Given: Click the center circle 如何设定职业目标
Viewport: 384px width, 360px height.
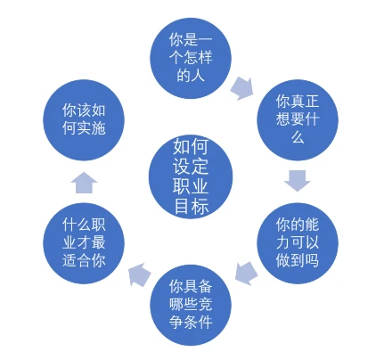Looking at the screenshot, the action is click(x=191, y=177).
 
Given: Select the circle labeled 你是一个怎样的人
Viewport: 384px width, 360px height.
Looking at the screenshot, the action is click(x=191, y=58).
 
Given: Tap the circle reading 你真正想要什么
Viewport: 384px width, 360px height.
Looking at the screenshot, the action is click(x=298, y=119).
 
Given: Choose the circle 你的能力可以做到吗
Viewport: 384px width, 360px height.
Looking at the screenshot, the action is click(x=298, y=243).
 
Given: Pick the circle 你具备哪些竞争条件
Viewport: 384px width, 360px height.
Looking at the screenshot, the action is click(x=191, y=305).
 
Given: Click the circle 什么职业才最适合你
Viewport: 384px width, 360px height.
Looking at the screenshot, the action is click(x=84, y=243).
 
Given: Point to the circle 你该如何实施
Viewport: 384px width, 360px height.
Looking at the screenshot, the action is click(x=84, y=119).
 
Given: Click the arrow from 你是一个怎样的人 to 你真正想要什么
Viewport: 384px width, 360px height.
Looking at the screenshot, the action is click(x=242, y=88).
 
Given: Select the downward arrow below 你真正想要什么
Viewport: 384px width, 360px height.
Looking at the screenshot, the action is click(x=298, y=181).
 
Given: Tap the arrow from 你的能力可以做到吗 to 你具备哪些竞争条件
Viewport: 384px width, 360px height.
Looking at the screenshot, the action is click(x=247, y=274).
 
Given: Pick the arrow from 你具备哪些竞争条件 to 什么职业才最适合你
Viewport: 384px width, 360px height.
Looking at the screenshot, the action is click(x=140, y=274).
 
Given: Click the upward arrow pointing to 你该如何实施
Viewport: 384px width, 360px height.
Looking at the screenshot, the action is click(x=84, y=183).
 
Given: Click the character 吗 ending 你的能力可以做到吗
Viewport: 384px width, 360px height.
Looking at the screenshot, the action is click(x=312, y=260).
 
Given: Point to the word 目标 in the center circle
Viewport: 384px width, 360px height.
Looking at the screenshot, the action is click(x=192, y=205).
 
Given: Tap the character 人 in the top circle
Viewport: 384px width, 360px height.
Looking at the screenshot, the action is click(x=198, y=75).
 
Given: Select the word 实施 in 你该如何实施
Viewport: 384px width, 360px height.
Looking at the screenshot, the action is click(x=91, y=128).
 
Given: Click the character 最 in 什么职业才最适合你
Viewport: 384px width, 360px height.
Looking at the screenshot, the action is click(x=98, y=242).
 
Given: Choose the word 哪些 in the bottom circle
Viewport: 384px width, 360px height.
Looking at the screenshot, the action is click(x=184, y=304).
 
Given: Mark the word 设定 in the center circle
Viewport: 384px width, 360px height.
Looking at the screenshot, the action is click(x=191, y=166).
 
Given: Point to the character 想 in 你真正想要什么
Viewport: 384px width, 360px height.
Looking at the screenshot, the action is click(x=283, y=119).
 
